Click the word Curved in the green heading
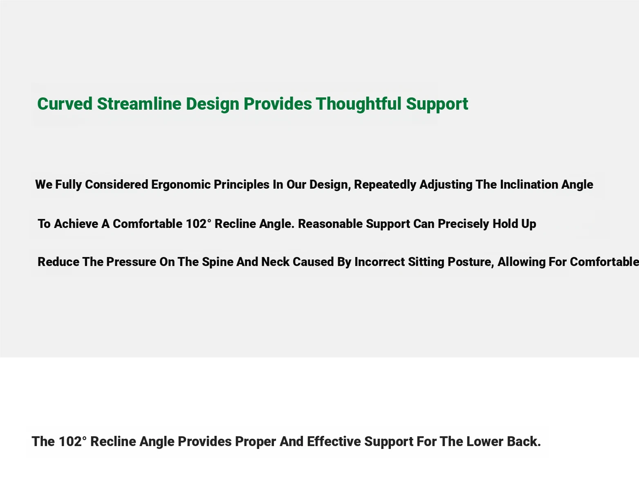(x=65, y=104)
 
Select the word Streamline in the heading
(x=139, y=104)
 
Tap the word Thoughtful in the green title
(x=359, y=104)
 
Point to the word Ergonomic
(x=181, y=185)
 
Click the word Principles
(x=242, y=185)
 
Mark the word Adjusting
(x=446, y=185)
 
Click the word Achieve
(x=76, y=224)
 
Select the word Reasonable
(x=330, y=224)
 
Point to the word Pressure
(x=131, y=262)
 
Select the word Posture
(x=471, y=262)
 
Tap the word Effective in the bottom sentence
(x=334, y=442)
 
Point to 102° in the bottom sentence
(x=72, y=442)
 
